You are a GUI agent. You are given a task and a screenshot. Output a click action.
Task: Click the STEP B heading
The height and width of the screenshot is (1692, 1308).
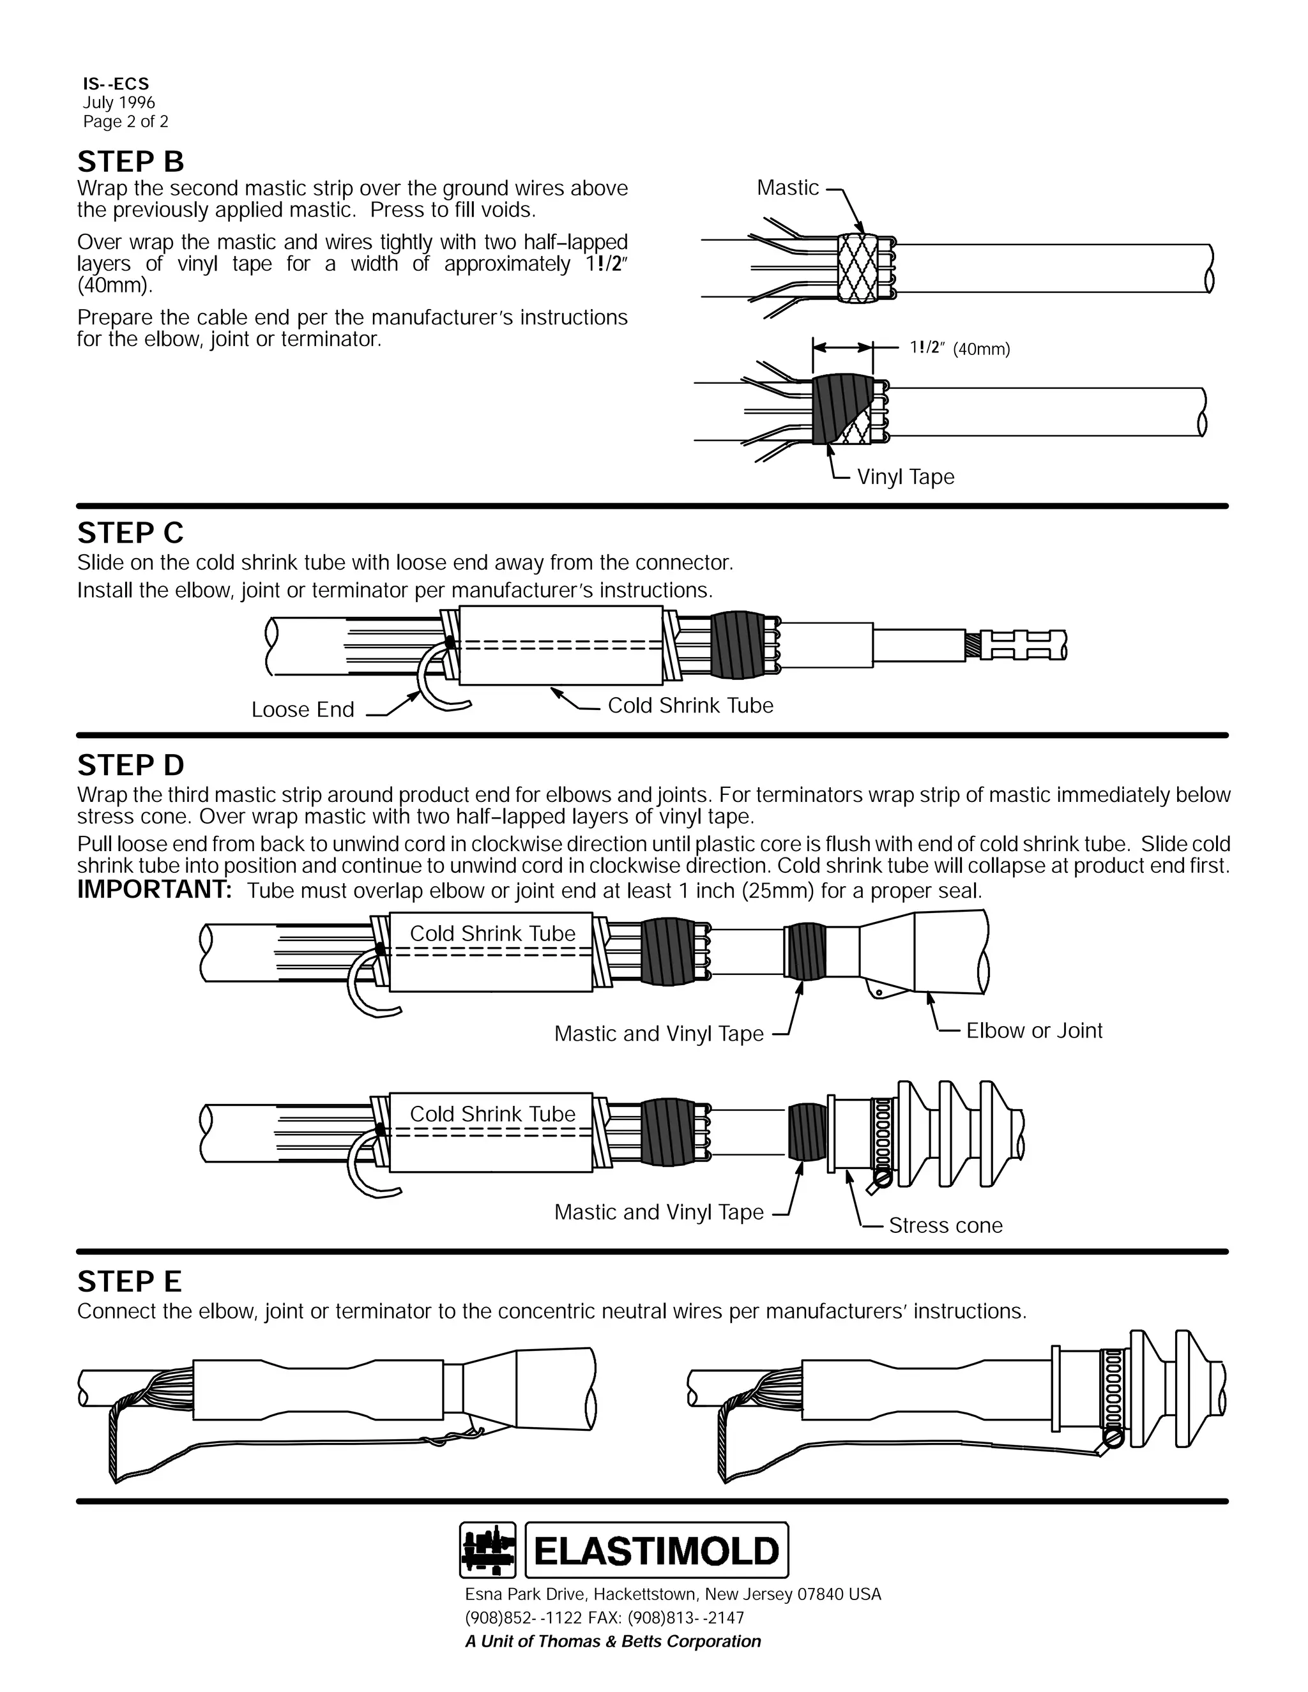130,162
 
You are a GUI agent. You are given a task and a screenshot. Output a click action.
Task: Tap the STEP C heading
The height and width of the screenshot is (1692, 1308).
130,533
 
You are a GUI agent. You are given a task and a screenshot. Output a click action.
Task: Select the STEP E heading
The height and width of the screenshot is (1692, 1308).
130,1281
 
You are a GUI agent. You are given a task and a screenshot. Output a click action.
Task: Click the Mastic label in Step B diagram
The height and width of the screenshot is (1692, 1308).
787,188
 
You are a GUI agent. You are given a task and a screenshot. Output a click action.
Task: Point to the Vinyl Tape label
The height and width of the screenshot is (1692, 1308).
905,476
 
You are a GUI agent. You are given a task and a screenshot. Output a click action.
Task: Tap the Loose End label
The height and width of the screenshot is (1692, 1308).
302,709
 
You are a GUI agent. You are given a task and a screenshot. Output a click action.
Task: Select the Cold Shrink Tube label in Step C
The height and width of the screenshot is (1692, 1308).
690,705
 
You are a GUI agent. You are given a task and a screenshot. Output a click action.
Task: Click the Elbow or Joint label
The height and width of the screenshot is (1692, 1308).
1034,1031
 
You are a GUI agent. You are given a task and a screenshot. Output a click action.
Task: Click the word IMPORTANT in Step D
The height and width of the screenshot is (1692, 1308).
154,890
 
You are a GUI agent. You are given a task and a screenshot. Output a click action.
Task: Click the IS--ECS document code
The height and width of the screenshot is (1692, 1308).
116,84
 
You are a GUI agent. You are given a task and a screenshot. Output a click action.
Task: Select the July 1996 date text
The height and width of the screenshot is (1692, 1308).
119,102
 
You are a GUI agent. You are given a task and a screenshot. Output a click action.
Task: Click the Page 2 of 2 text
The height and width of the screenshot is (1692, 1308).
126,121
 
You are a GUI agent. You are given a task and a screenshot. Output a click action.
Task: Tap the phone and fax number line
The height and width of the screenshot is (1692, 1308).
604,1618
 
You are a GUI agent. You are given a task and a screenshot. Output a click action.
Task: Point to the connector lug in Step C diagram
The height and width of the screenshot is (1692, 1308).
1023,645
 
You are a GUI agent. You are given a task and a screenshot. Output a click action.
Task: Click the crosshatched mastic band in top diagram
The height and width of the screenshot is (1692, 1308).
862,268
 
